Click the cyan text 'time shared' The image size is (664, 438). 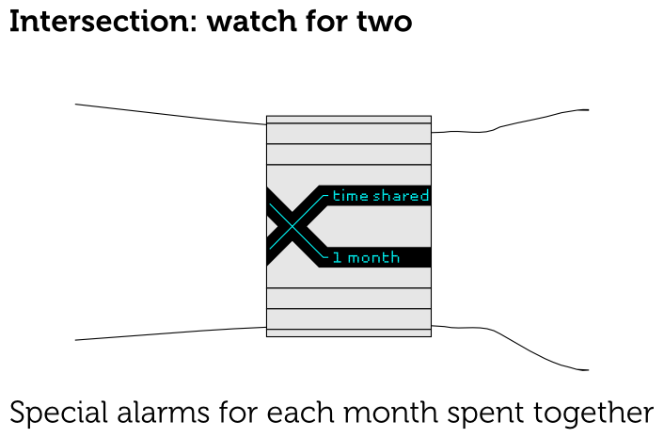pos(380,196)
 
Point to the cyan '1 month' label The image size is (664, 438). pos(366,257)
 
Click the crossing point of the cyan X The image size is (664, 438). pos(292,226)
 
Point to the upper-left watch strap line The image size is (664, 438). pos(169,115)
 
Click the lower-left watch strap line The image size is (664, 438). pos(169,333)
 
